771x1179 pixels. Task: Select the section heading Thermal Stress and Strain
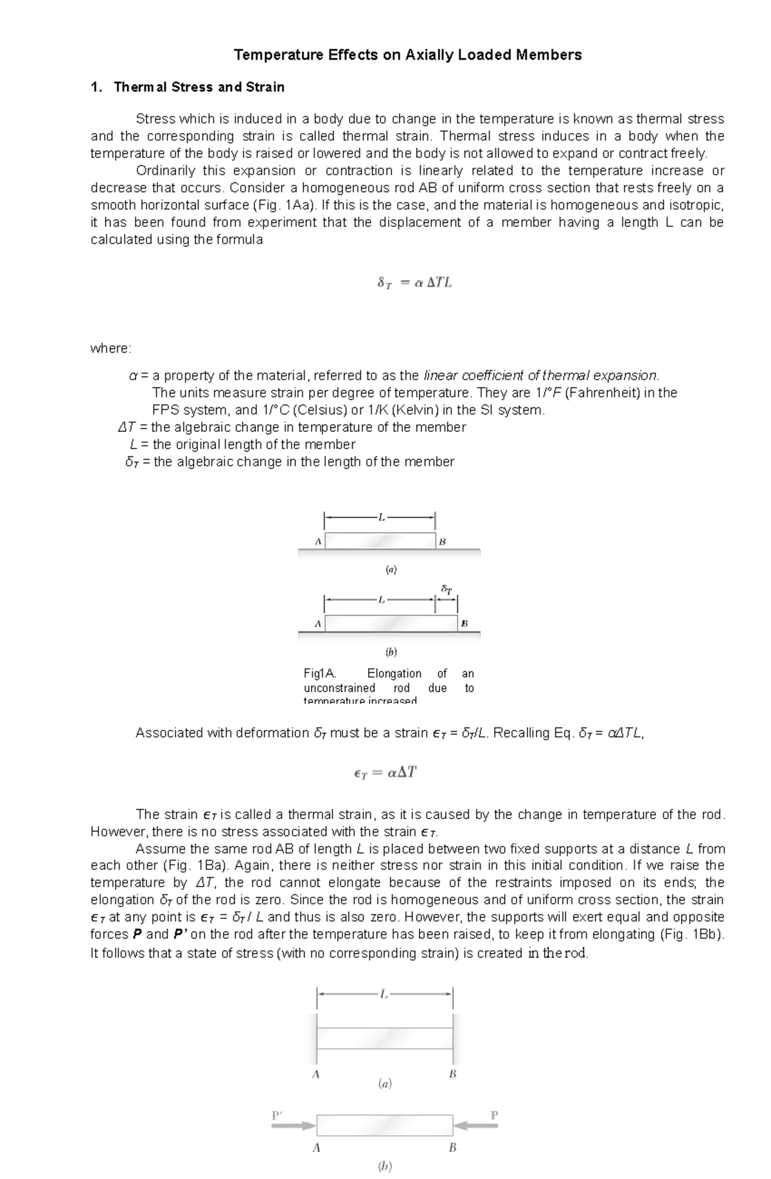click(x=199, y=87)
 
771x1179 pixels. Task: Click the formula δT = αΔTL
click(x=414, y=282)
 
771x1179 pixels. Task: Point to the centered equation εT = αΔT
click(x=385, y=773)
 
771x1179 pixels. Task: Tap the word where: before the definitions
click(x=111, y=348)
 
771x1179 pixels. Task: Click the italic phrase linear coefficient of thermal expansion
click(x=541, y=375)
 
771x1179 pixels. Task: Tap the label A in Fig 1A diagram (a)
click(x=317, y=542)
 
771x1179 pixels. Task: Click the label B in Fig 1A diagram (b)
click(x=465, y=623)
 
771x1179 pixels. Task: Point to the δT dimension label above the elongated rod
click(x=447, y=589)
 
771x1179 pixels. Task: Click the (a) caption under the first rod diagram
click(x=391, y=569)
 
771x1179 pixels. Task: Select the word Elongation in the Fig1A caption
click(x=394, y=673)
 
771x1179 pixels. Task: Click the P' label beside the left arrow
click(x=278, y=1115)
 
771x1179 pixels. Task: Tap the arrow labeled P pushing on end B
click(x=475, y=1125)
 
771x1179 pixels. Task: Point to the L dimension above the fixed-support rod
click(x=384, y=994)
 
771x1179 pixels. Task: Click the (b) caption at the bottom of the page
click(x=385, y=1166)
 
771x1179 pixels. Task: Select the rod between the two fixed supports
click(x=385, y=1038)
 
